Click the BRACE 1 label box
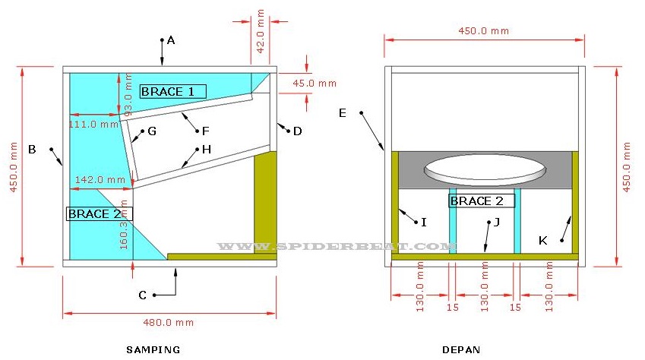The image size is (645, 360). click(173, 91)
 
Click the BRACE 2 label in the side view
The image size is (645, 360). click(99, 213)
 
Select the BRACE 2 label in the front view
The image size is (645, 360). click(482, 201)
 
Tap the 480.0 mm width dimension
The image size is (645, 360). click(168, 323)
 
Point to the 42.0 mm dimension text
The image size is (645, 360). click(261, 31)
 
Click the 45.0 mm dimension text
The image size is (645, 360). click(315, 83)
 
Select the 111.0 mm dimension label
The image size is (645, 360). click(93, 124)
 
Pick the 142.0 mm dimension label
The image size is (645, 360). click(100, 180)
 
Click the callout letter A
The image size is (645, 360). click(171, 40)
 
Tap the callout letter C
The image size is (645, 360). click(142, 295)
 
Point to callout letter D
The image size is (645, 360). click(297, 131)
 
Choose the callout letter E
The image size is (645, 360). click(342, 113)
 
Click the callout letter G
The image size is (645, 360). click(152, 131)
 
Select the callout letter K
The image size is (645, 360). click(543, 241)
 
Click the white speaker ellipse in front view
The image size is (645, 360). click(485, 169)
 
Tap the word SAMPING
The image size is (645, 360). click(153, 349)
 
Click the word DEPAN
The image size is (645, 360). click(461, 349)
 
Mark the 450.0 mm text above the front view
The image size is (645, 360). click(484, 31)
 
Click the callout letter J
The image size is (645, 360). click(497, 223)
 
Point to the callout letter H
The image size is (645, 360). click(207, 150)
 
